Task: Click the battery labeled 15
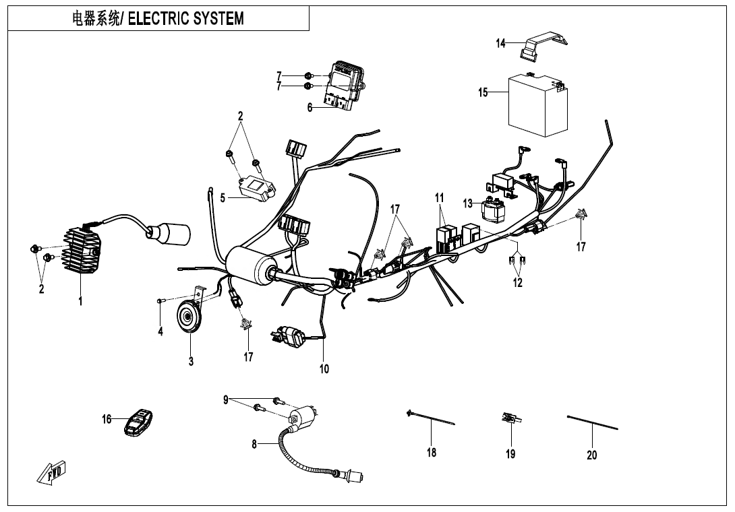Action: [x=537, y=104]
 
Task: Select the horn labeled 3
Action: [x=189, y=317]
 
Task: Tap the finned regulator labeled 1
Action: [x=81, y=253]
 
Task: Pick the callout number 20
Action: [x=591, y=455]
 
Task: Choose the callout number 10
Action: [x=324, y=369]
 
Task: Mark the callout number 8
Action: [x=254, y=444]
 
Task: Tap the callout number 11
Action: [x=440, y=198]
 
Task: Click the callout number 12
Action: [x=517, y=283]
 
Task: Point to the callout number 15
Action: [x=483, y=92]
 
